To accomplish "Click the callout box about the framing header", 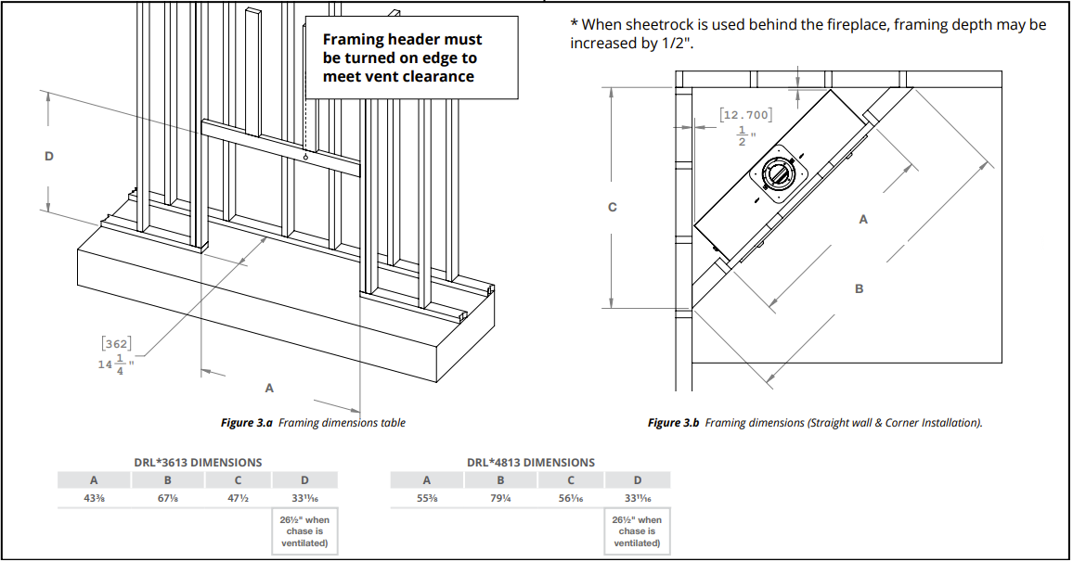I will tap(411, 57).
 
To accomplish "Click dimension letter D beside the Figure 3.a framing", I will tap(49, 156).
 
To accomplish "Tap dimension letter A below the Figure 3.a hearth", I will tap(269, 387).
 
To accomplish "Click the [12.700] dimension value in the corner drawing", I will tap(745, 115).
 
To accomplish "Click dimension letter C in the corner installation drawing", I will tap(612, 207).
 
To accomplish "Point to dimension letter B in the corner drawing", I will tap(859, 289).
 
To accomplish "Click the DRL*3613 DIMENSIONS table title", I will tap(198, 462).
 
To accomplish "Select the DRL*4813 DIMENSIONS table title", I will tap(530, 462).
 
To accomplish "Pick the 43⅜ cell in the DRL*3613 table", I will tap(94, 498).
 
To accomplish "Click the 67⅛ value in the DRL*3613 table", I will tap(167, 498).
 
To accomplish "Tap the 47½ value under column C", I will tap(239, 498).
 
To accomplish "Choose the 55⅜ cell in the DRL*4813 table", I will tap(426, 498).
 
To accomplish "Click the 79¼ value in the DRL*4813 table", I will tap(499, 498).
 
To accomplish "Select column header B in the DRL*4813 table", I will tap(499, 480).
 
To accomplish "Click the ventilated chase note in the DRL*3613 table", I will tap(304, 531).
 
